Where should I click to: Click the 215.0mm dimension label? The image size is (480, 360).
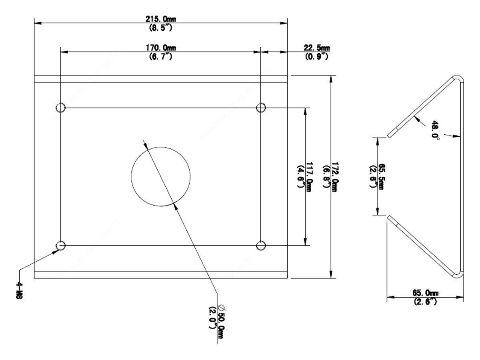coord(161,19)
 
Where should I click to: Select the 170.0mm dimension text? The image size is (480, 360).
coord(161,48)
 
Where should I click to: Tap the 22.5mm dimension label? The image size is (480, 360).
coord(317,48)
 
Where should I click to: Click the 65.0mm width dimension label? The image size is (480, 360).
coord(425,293)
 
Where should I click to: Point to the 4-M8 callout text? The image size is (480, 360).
coord(19,290)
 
